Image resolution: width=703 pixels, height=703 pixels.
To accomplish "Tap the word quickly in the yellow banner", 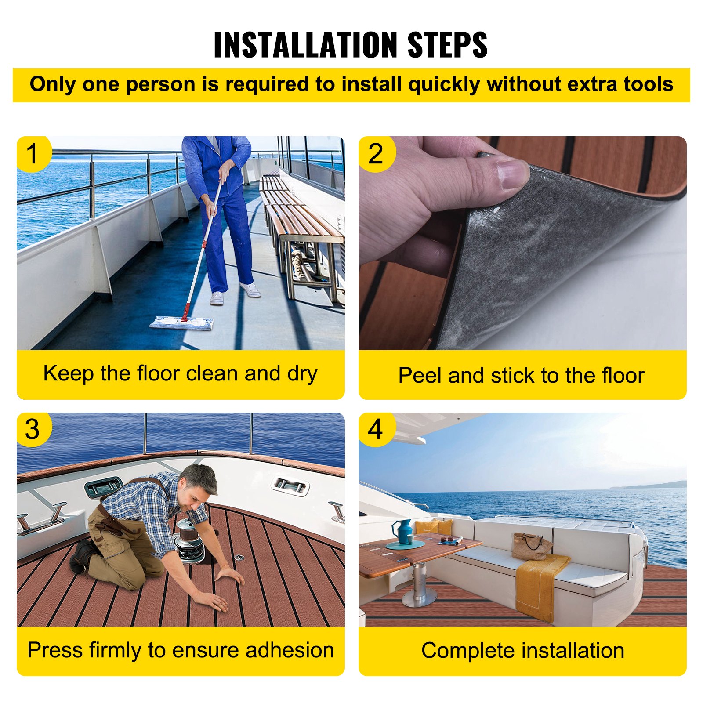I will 443,84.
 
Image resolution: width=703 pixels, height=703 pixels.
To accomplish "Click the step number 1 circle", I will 33,154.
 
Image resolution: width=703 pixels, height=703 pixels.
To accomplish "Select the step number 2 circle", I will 376,154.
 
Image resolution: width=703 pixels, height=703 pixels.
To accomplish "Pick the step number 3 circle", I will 33,429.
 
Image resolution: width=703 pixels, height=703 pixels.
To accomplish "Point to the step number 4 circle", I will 376,429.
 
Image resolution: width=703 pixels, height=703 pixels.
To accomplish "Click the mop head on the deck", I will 182,323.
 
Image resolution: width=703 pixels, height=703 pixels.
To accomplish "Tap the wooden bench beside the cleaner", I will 299,220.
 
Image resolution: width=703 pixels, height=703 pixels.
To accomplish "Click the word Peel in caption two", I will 420,376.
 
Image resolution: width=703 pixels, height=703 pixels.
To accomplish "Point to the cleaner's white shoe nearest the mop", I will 217,298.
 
